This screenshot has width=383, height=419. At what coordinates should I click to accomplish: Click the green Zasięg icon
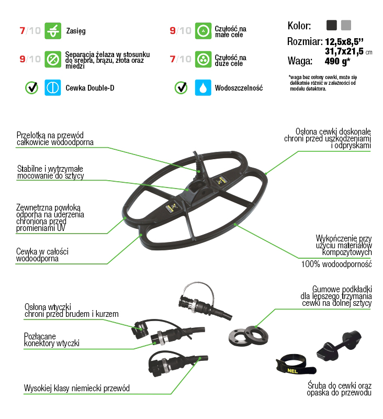[52, 31]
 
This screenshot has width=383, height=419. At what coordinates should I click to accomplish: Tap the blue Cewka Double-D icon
[52, 87]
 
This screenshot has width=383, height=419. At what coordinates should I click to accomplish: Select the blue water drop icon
[203, 87]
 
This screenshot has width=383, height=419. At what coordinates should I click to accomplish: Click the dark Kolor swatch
[332, 25]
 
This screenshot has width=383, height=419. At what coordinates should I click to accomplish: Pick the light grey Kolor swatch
[346, 25]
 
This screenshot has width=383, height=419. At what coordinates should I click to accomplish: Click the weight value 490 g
[337, 61]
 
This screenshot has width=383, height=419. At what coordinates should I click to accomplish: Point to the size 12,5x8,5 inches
[344, 42]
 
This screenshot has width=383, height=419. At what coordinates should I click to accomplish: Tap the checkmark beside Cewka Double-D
[31, 87]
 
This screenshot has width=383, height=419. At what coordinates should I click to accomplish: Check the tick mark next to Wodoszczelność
[181, 87]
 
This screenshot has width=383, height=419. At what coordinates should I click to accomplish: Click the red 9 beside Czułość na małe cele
[173, 31]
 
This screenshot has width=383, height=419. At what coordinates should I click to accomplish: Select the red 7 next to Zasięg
[22, 31]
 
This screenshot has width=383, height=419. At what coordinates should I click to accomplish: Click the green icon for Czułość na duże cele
[203, 59]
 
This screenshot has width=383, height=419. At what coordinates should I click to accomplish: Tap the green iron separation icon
[52, 59]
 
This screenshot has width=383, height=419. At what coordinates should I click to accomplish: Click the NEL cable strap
[295, 365]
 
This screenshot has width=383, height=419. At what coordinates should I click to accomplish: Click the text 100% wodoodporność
[336, 264]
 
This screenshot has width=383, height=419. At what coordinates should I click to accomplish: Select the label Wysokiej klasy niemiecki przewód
[77, 388]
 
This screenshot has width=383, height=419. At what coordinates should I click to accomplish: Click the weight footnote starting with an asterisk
[323, 83]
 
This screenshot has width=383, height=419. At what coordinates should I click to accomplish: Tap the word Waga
[300, 61]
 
